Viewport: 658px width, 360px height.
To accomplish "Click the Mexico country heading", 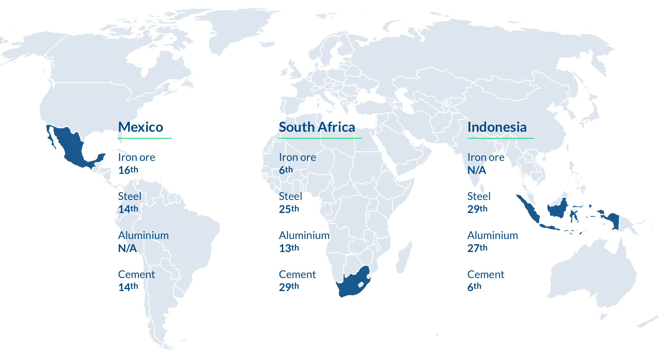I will [x=141, y=127].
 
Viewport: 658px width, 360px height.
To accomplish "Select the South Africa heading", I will [x=317, y=127].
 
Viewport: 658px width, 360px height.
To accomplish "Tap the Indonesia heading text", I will [x=497, y=127].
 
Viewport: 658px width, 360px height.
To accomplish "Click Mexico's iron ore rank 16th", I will [x=128, y=170].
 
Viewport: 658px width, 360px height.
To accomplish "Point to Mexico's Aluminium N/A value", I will [x=127, y=248].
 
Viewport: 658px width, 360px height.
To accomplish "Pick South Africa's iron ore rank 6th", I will [x=286, y=170].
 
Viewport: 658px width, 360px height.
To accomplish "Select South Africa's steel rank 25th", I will [x=289, y=209].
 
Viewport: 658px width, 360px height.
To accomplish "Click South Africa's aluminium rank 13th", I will [x=289, y=248].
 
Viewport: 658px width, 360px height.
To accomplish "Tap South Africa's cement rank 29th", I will [x=289, y=287].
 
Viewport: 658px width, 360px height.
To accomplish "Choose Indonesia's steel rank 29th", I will [x=477, y=209].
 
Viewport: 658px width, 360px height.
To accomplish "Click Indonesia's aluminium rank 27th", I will [x=477, y=248].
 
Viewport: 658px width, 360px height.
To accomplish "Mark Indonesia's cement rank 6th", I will [x=474, y=287].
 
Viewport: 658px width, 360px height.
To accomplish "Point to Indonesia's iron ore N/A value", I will [x=476, y=170].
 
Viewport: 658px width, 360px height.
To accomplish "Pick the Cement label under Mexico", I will [x=136, y=274].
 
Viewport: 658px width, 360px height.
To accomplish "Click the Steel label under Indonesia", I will [x=479, y=196].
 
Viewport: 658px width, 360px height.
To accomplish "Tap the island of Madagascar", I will [x=404, y=259].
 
